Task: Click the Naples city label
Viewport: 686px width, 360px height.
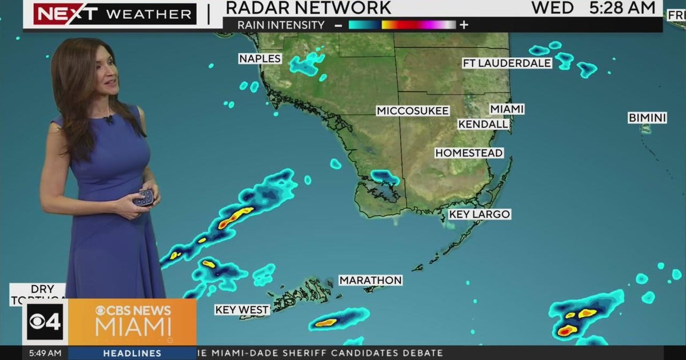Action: click(260, 59)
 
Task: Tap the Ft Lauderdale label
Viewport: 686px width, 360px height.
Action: click(507, 63)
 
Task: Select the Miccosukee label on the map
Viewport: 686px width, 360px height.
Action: click(413, 111)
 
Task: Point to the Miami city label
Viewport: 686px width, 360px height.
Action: click(507, 109)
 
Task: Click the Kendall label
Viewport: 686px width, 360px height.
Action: click(483, 124)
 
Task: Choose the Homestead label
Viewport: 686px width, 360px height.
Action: click(469, 153)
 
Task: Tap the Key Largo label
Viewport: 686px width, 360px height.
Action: click(479, 214)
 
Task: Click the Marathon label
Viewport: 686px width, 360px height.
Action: click(370, 281)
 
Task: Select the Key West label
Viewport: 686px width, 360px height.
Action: click(242, 310)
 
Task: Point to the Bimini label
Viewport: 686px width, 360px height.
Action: click(647, 118)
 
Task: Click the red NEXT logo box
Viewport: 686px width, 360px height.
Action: click(65, 14)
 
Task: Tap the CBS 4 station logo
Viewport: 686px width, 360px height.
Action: click(45, 322)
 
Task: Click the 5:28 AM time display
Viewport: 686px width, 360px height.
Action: click(622, 8)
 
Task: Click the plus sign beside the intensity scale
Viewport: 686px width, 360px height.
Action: click(464, 25)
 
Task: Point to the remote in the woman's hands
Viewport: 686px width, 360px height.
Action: click(143, 197)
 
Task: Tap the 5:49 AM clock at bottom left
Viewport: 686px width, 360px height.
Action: click(45, 354)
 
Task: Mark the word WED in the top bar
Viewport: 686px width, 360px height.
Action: click(552, 8)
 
